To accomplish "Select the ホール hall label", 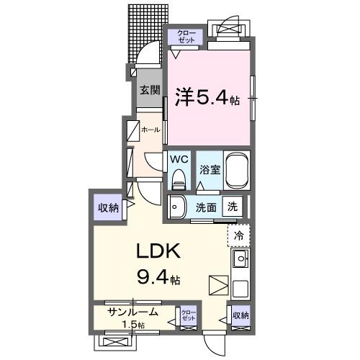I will pyautogui.click(x=150, y=130).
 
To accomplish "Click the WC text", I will pyautogui.click(x=179, y=159).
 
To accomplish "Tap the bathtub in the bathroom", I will pyautogui.click(x=237, y=170).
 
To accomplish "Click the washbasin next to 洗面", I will pyautogui.click(x=176, y=207).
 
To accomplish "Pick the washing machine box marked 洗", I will pyautogui.click(x=233, y=206).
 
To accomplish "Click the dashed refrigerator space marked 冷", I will pyautogui.click(x=239, y=234).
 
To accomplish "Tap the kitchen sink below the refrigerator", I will pyautogui.click(x=240, y=258).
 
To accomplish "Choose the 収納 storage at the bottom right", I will pyautogui.click(x=240, y=315).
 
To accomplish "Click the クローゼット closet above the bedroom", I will pyautogui.click(x=186, y=36).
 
